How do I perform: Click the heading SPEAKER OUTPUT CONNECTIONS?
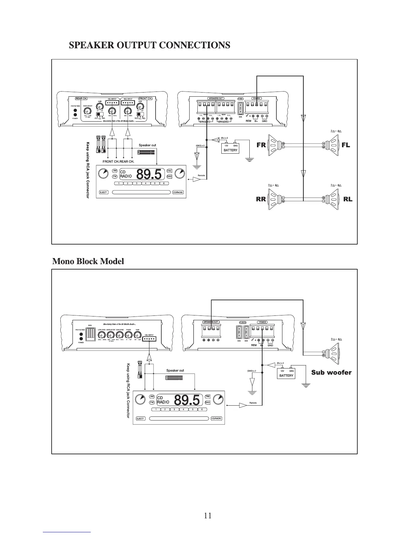coord(149,45)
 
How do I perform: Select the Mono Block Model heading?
coord(88,261)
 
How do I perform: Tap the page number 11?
coord(208,515)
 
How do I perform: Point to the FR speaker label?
coord(261,145)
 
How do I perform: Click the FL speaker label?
coord(346,145)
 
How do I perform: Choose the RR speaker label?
coord(261,199)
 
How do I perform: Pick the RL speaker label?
coord(348,199)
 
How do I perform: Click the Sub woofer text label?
coord(331,373)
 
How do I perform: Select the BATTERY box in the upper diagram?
coord(231,150)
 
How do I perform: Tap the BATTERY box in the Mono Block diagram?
coord(286,376)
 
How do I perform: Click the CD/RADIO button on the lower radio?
coord(216,418)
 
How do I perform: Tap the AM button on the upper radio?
coord(115,171)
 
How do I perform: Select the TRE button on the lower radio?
coord(208,397)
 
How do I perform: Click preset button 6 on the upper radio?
coord(164,183)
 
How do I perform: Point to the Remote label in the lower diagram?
coord(253,403)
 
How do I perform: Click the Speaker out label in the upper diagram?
coord(147,145)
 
